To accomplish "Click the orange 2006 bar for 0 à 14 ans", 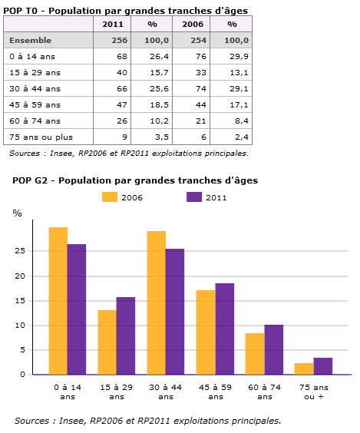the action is [58, 301].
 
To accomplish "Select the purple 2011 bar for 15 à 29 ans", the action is [126, 335].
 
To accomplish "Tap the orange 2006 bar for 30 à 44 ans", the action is [157, 302].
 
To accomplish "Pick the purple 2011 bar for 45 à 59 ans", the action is [225, 329].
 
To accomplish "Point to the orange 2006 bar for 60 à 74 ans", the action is [255, 354].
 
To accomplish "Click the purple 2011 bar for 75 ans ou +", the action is [323, 366].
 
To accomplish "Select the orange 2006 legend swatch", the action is [110, 197].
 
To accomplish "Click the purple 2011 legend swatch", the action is [194, 197].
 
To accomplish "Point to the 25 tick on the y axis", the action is [20, 251].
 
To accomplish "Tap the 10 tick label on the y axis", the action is [20, 326].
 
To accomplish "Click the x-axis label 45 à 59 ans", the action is [216, 392].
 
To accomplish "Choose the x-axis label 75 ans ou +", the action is [314, 392].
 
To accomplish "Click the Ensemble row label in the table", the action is [31, 41].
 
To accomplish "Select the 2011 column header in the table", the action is [113, 25].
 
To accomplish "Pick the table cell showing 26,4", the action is [160, 57].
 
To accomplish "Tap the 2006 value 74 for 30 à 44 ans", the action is [201, 88].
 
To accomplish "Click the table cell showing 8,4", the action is [242, 121].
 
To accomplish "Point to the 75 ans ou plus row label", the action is [41, 137].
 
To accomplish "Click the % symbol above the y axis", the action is [17, 213].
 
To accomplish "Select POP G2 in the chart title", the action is [30, 180].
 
